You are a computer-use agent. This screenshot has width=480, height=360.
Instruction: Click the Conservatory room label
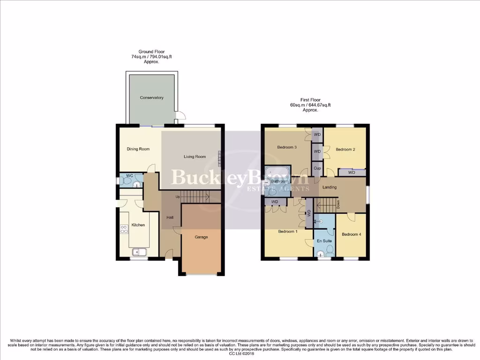point(151,97)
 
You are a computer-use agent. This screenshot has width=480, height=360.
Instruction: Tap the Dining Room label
point(138,149)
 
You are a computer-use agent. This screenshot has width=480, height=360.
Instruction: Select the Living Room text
point(194,157)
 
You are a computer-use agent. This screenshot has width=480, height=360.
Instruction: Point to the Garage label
point(201,237)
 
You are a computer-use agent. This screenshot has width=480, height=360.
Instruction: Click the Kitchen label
point(138,225)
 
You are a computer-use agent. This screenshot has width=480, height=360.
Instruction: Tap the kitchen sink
point(140,252)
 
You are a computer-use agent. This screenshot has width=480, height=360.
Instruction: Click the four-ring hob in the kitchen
point(125,229)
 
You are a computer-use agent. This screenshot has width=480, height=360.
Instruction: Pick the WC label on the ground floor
point(130,176)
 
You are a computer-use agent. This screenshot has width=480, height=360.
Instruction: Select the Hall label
point(170,217)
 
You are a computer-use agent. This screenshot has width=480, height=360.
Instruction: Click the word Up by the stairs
point(178,196)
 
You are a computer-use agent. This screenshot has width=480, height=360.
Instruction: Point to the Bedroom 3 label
point(286,147)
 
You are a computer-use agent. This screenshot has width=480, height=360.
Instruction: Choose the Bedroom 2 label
point(345,150)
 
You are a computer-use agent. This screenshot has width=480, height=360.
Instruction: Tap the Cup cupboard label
point(317,168)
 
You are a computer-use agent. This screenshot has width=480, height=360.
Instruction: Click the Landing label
point(330,187)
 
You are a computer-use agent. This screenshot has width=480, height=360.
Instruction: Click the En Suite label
point(324,241)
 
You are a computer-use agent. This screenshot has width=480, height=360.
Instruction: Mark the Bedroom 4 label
point(351,234)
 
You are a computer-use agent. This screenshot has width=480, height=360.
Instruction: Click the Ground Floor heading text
point(151,52)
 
